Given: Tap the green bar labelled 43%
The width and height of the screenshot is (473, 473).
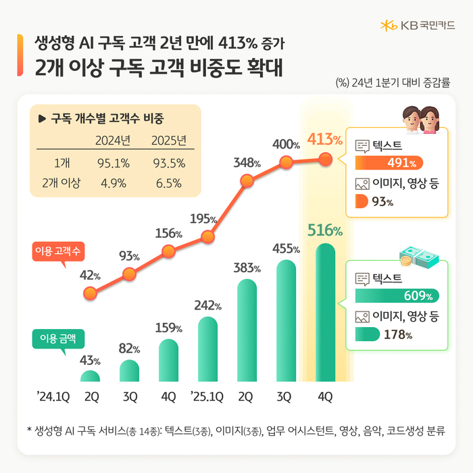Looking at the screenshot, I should (90, 376).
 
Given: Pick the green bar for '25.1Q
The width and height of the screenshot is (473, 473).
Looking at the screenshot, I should (207, 349).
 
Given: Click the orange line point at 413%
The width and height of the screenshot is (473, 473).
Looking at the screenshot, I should (325, 159).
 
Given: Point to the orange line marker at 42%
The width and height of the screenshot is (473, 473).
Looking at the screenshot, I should (89, 294).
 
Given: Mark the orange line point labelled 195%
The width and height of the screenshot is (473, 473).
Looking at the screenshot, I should (207, 237).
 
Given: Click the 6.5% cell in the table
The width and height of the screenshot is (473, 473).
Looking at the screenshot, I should (169, 182).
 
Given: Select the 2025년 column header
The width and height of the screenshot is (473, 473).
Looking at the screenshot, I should (169, 141).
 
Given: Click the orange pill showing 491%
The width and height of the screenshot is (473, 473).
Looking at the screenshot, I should (389, 162).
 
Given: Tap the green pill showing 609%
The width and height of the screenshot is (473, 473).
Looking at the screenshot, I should (397, 295).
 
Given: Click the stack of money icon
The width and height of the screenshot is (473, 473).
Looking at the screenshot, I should (417, 256).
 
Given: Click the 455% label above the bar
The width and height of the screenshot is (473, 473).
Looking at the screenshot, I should (287, 249).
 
